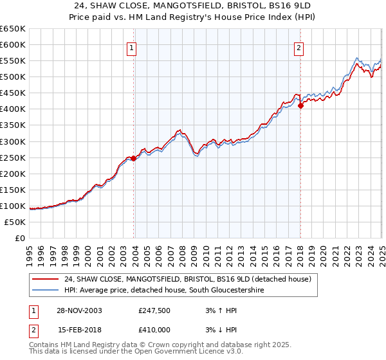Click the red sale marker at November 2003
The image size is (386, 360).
(134, 158)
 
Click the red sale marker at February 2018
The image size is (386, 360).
(300, 106)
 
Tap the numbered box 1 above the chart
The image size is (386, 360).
(131, 46)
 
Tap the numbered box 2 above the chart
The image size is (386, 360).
(299, 46)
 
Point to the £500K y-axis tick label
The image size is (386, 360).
(12, 76)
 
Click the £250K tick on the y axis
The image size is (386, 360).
(12, 157)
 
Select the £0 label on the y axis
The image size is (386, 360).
(19, 238)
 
